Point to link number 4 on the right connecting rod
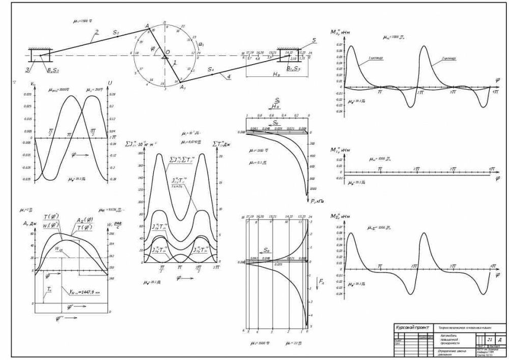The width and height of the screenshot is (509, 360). coord(229,76)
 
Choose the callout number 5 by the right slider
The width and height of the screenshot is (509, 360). coord(314,40)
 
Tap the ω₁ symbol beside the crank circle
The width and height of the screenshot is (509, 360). coord(200,44)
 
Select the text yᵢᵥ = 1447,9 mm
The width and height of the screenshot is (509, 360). coord(84,292)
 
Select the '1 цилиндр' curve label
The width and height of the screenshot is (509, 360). coord(376,58)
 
